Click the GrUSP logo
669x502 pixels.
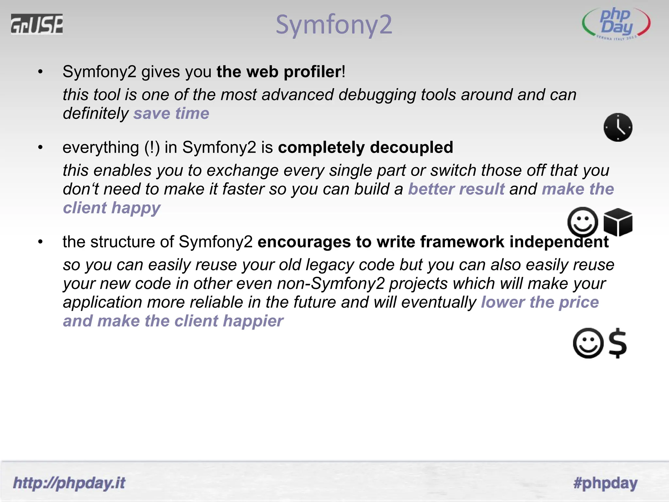point(37,24)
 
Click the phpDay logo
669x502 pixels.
point(616,24)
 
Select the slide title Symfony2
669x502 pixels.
point(334,25)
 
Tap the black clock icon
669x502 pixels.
point(618,127)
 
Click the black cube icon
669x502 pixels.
point(618,222)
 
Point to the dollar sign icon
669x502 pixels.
point(618,343)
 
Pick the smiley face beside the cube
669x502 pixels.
point(583,222)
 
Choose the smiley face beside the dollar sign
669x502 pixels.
point(588,343)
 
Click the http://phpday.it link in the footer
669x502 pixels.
point(69,483)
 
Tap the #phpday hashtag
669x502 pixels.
point(605,483)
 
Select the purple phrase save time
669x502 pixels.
point(171,113)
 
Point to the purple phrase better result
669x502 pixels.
point(456,189)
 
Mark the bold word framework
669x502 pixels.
point(462,242)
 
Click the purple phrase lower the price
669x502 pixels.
point(540,302)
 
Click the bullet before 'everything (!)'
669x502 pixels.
point(41,148)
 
